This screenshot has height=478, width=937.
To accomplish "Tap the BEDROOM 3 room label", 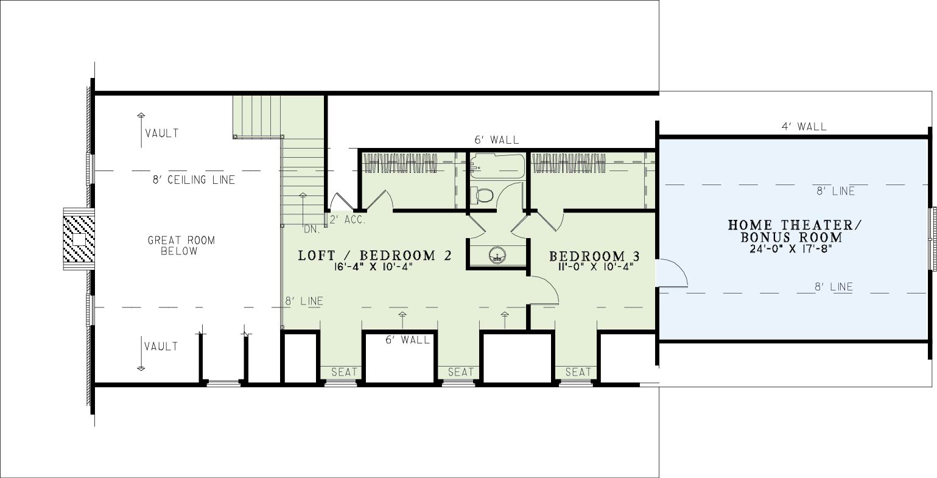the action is tap(594, 256).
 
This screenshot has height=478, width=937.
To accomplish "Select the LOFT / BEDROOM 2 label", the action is tap(375, 255).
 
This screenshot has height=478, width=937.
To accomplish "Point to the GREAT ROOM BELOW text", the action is tap(181, 245).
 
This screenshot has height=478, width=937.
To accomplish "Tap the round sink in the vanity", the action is tap(497, 255).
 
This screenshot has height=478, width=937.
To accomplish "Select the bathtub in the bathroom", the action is tap(497, 166).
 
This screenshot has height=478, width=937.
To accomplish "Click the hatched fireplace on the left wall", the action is tap(78, 239).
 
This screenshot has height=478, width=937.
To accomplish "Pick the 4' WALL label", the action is tap(804, 126).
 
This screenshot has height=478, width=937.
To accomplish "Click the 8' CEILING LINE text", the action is tap(194, 180).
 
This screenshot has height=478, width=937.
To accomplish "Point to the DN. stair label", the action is tap(312, 229).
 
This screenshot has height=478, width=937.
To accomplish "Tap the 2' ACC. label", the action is tap(348, 220).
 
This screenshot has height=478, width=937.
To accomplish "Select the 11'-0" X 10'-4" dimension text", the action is tap(595, 267).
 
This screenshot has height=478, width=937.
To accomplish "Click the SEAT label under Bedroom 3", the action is tap(578, 372).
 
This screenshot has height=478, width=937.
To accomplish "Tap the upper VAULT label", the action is tap(162, 133).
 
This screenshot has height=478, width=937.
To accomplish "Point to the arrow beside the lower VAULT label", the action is tap(141, 353).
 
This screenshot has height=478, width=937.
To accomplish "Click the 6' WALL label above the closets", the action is tap(497, 139).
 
